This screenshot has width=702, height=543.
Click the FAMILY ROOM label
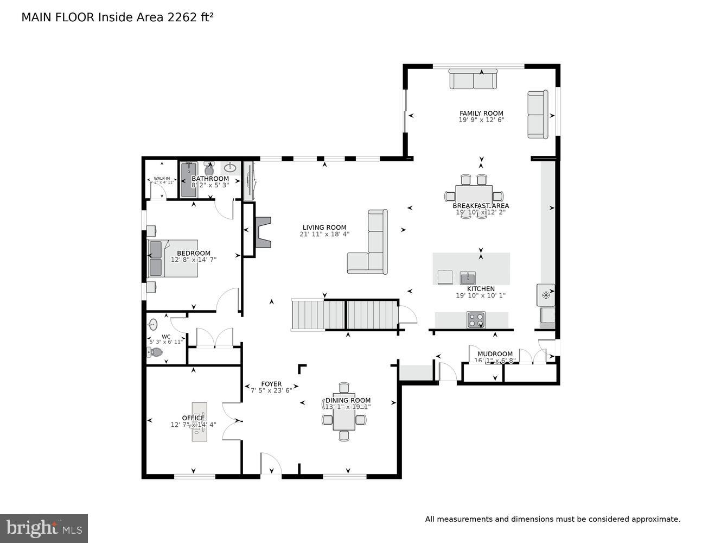click(481, 113)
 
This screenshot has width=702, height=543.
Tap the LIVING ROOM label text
click(324, 228)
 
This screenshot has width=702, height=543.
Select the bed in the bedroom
click(173, 258)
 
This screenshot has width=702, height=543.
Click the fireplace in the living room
click(263, 232)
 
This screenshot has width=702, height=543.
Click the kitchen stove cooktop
click(476, 320)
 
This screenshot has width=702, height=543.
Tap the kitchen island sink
click(467, 278)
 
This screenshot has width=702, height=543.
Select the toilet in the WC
click(155, 352)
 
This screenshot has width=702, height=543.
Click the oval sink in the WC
click(153, 324)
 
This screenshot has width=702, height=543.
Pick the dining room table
click(344, 412)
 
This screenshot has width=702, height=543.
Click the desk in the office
click(199, 421)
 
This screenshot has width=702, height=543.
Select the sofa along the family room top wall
click(473, 79)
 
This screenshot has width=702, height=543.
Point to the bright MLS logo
click(44, 528)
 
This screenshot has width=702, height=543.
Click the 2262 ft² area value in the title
click(190, 17)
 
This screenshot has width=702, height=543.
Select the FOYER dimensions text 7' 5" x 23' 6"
click(271, 389)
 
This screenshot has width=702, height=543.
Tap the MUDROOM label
click(495, 353)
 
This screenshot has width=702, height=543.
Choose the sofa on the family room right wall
click(538, 114)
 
